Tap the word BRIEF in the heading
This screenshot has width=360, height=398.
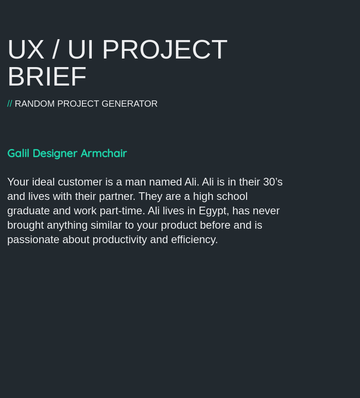point(47,77)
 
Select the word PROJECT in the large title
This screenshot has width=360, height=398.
point(165,50)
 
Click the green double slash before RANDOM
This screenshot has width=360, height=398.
point(9,104)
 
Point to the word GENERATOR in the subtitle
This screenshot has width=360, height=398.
point(130,104)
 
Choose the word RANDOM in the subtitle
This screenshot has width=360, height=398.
point(35,104)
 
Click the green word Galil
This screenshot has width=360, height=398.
point(18,154)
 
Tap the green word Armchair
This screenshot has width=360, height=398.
point(103,154)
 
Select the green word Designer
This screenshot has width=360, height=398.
point(55,154)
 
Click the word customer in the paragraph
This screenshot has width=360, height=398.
point(80,182)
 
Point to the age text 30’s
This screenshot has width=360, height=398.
point(273,182)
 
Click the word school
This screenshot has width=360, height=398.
point(232,196)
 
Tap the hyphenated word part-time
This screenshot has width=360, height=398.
point(124,211)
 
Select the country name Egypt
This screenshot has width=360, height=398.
point(212,211)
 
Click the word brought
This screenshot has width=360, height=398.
point(25,225)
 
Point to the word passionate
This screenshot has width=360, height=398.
point(33,240)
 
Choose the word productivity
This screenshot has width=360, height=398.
point(120,240)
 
